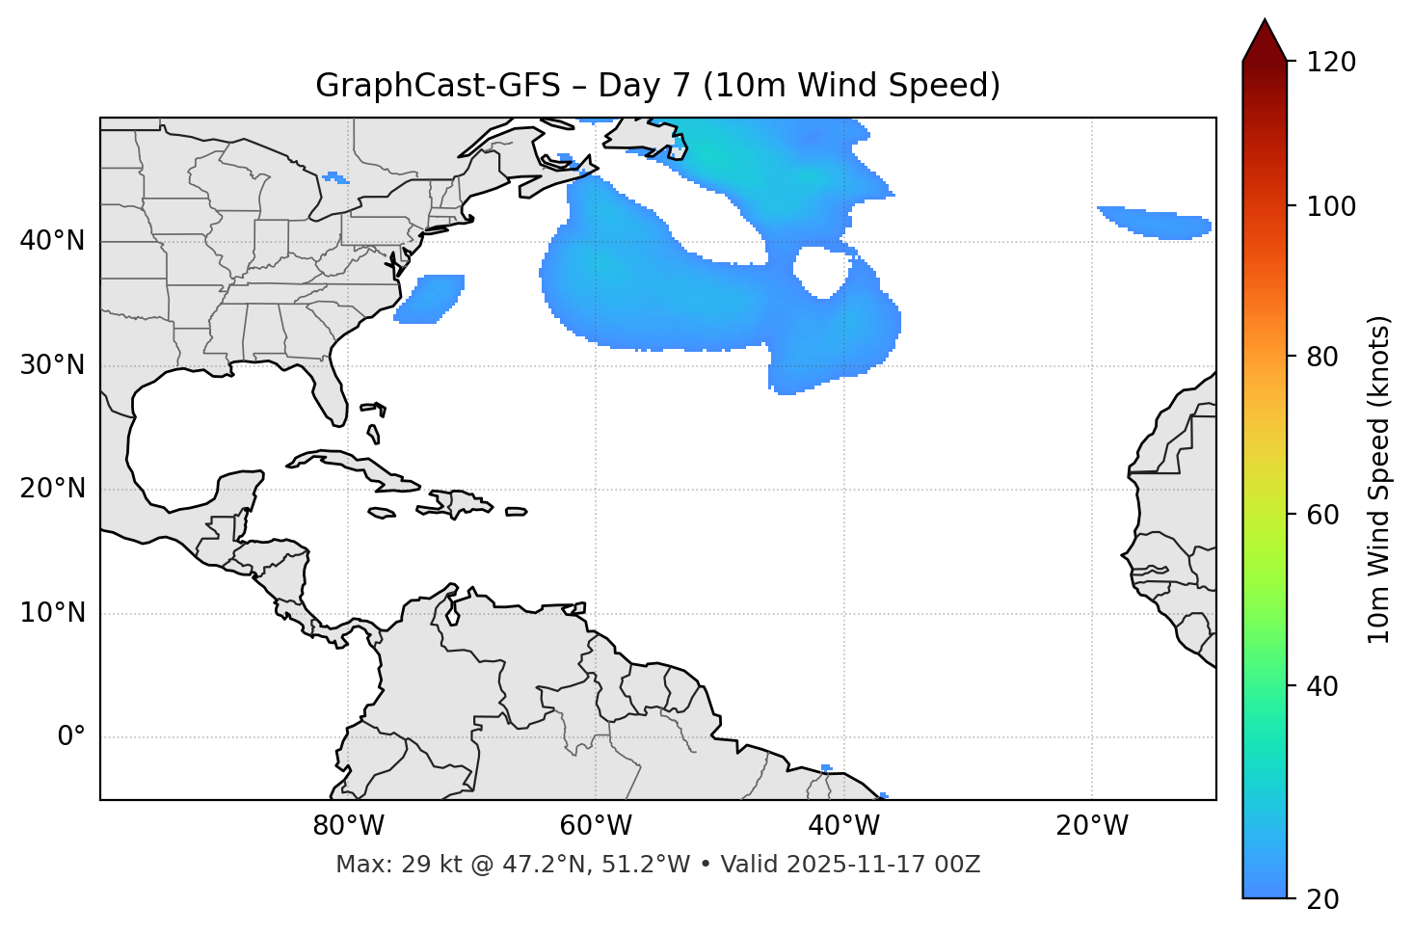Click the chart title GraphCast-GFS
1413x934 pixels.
[657, 86]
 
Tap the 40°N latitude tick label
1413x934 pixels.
[52, 241]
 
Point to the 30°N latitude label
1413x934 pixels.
[52, 365]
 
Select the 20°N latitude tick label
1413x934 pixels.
[52, 489]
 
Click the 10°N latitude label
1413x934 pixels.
[52, 613]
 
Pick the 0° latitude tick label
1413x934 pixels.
[71, 736]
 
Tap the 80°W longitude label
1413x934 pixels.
[348, 826]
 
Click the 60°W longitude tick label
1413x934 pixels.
[596, 826]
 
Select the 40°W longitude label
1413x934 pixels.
[843, 826]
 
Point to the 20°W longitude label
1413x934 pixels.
[1091, 826]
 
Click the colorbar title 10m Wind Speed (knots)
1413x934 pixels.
[1379, 479]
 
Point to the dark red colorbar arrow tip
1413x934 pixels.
[1264, 23]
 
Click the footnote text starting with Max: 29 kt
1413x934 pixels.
[657, 865]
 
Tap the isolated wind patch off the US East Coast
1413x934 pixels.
[431, 297]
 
